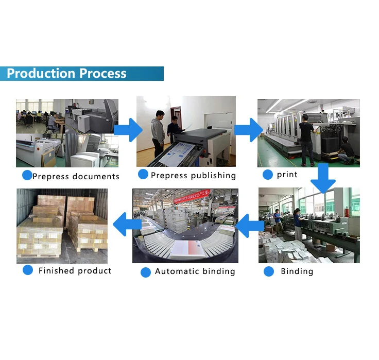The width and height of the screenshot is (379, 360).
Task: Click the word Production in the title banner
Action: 41,73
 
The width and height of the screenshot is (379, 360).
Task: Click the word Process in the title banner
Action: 102,73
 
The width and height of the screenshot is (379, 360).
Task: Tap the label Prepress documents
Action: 76,177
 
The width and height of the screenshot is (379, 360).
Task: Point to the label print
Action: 287,175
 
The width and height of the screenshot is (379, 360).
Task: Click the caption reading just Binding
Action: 297,271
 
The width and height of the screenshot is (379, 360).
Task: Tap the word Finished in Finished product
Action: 56,270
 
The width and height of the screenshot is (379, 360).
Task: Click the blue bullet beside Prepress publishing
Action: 143,174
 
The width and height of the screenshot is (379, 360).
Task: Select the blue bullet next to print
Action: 268,175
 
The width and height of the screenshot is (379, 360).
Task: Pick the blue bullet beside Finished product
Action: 28,270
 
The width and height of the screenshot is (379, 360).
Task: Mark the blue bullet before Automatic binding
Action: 146,272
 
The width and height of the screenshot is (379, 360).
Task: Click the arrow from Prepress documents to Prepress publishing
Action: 128,130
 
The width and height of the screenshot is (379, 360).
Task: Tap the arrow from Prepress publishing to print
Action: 249,130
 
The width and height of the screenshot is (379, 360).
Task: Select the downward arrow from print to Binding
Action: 323,178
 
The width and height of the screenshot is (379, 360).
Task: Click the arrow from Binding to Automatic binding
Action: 249,226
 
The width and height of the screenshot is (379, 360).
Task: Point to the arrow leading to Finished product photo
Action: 127,224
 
